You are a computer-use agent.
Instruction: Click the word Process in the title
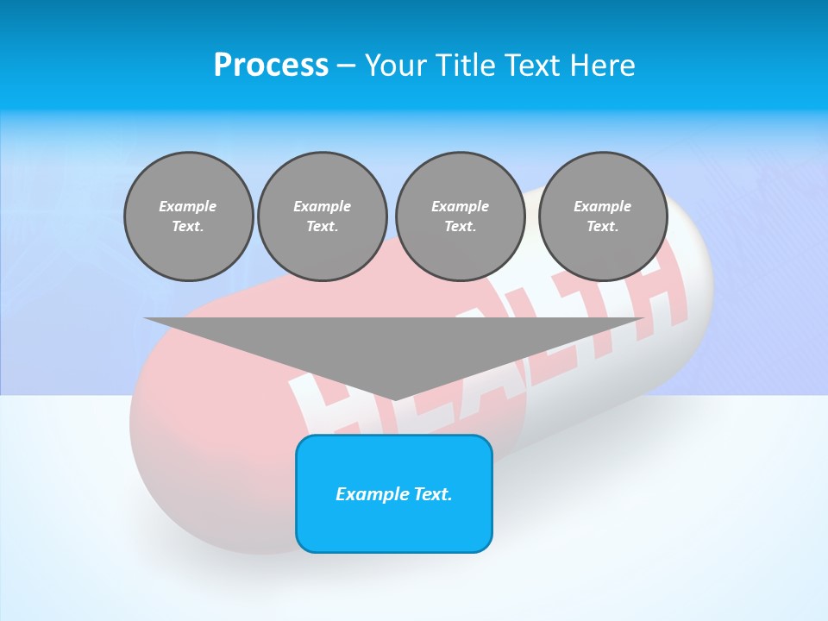tap(271, 65)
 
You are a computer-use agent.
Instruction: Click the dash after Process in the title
tap(346, 66)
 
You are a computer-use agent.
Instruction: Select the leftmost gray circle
tap(189, 216)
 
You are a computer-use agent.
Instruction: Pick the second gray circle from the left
tap(323, 216)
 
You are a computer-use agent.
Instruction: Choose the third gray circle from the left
tap(460, 216)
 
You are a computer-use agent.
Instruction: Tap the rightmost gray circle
tap(603, 216)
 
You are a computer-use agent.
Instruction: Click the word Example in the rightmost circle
tap(603, 206)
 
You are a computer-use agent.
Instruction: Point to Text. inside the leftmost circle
tap(188, 227)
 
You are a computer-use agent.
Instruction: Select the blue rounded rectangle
tap(394, 517)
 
